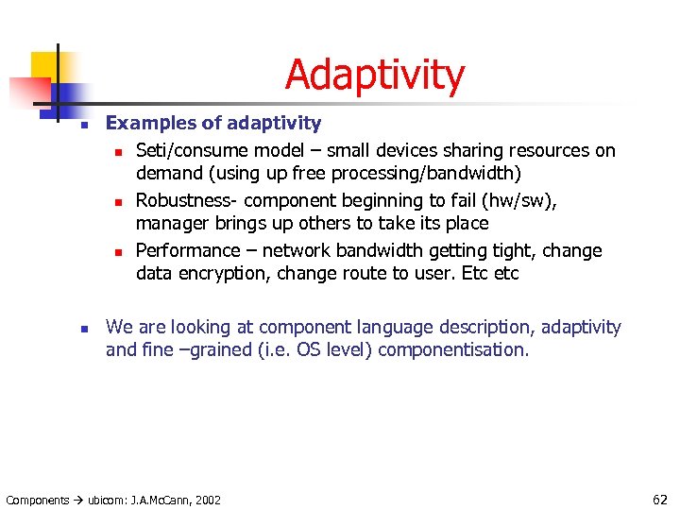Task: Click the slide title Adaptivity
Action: [x=374, y=76]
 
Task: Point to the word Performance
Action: [x=188, y=250]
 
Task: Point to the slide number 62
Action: [x=659, y=499]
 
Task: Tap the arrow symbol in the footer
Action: [x=78, y=500]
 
